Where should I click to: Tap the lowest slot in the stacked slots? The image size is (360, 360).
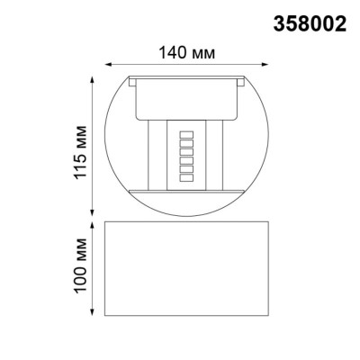coord(187,178)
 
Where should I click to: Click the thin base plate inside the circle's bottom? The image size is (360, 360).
coord(188,193)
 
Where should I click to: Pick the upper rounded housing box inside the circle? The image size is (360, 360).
coord(188,99)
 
